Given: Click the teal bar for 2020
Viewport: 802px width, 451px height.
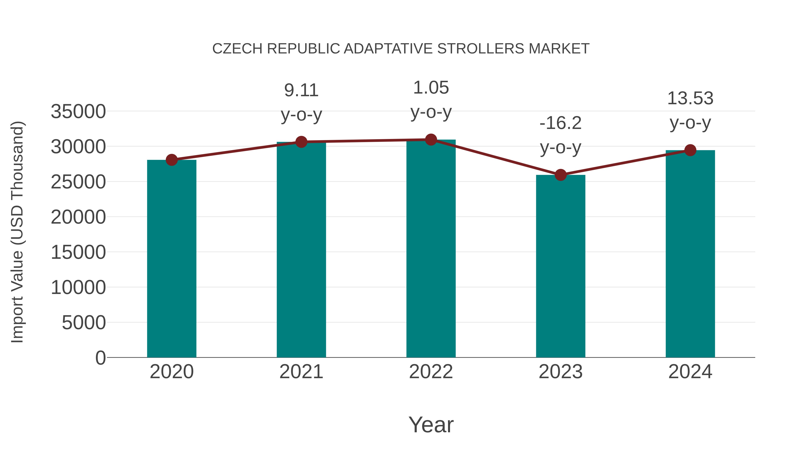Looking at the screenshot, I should click(172, 258).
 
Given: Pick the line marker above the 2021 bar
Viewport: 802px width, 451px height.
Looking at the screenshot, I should click(301, 142).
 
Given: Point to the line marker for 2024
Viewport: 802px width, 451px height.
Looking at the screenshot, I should click(690, 150).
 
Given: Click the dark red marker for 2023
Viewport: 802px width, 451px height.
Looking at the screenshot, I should click(561, 175).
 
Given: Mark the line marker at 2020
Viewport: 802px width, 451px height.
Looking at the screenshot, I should click(172, 160).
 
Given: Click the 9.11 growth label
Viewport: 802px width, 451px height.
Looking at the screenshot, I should click(301, 91).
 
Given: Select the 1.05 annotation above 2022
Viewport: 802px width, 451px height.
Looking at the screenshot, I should click(431, 88).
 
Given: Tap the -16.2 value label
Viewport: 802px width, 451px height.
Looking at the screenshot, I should click(561, 123).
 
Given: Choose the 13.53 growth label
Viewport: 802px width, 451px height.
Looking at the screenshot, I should click(690, 99).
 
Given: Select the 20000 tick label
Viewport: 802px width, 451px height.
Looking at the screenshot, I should click(78, 217).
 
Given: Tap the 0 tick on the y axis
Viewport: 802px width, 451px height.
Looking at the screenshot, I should click(100, 358).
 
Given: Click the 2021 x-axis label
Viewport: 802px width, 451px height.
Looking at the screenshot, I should click(301, 372).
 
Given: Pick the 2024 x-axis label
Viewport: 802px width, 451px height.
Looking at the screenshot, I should click(690, 372).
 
